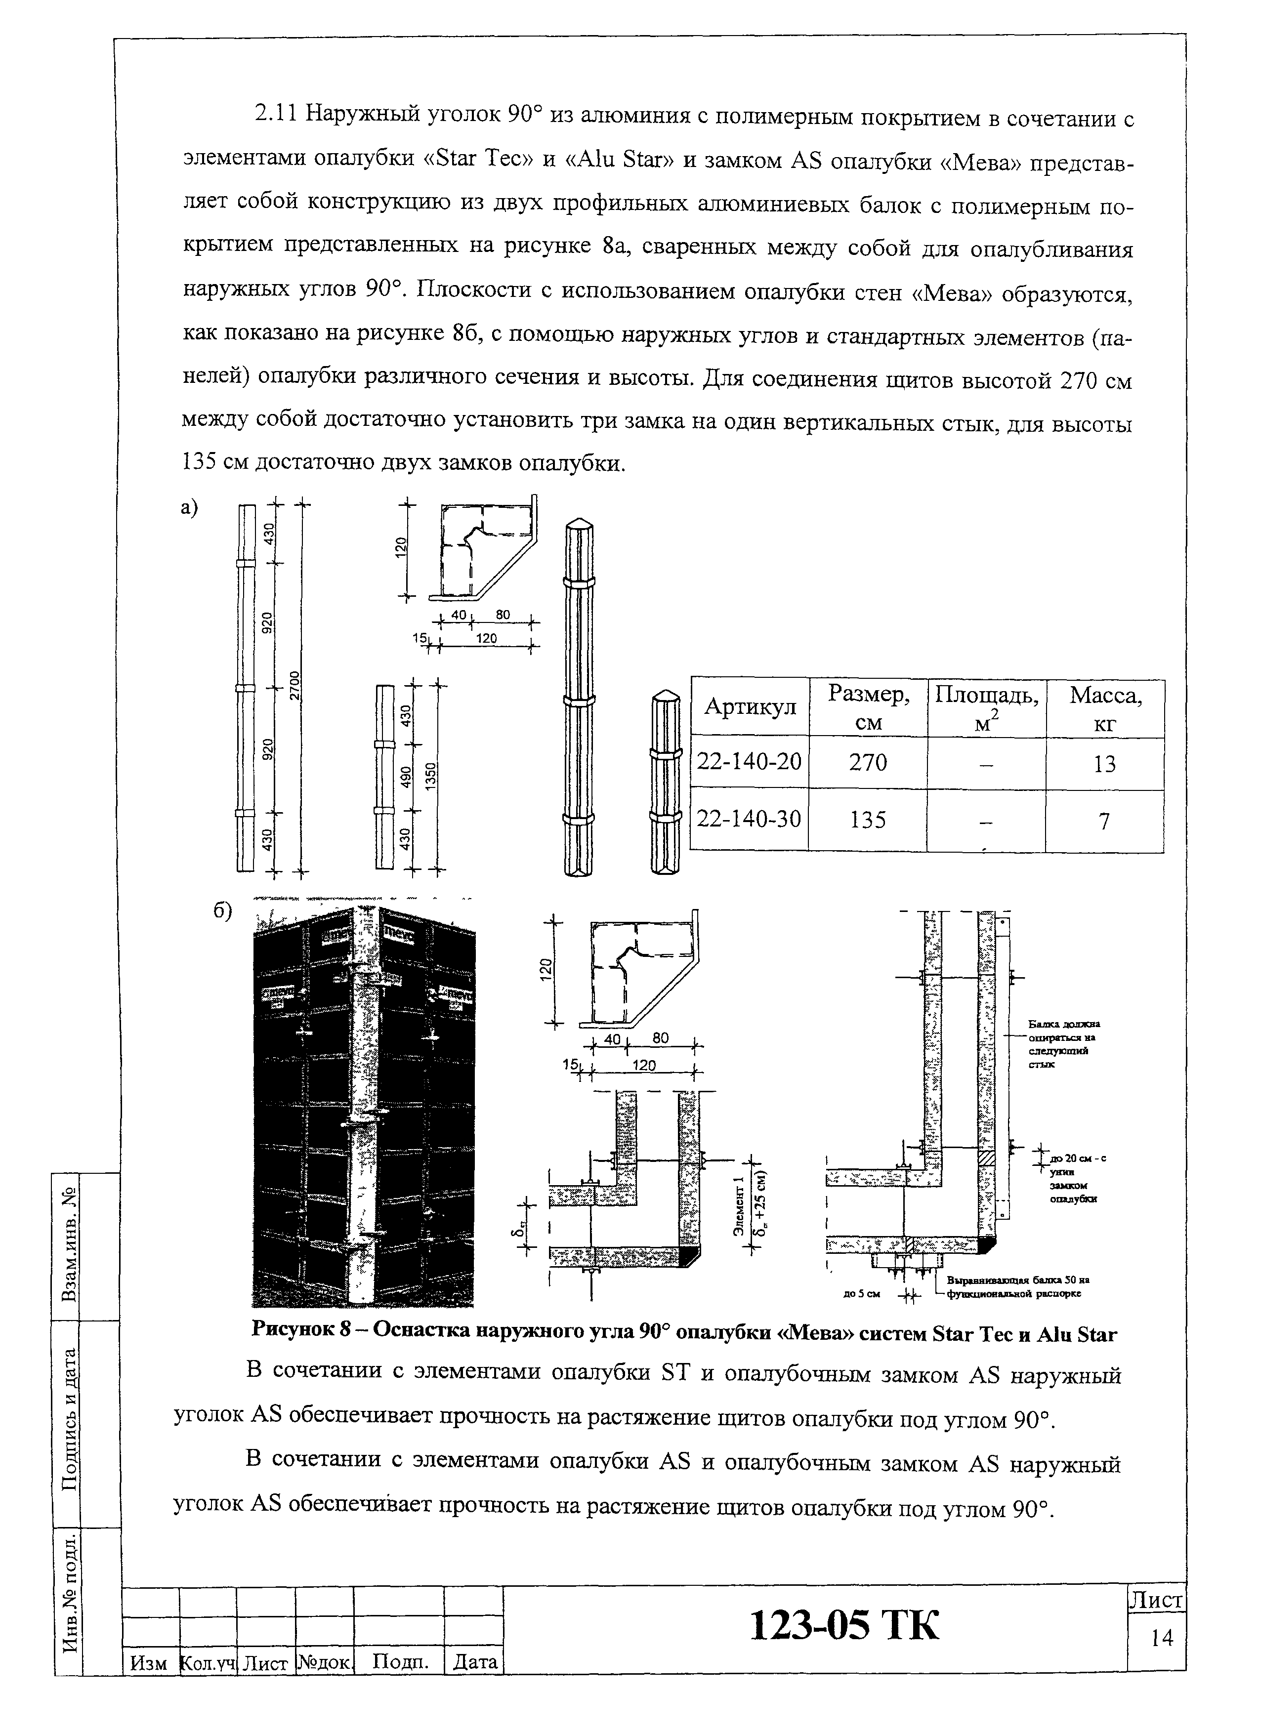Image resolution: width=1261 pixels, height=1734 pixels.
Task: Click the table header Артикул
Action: [x=750, y=707]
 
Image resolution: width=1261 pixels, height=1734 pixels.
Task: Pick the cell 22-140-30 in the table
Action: [x=750, y=820]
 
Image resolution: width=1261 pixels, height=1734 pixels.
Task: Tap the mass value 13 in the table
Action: [x=1104, y=764]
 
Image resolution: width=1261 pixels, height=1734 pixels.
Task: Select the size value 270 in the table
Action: [x=868, y=762]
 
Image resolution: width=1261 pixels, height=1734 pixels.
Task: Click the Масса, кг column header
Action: [x=1105, y=708]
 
